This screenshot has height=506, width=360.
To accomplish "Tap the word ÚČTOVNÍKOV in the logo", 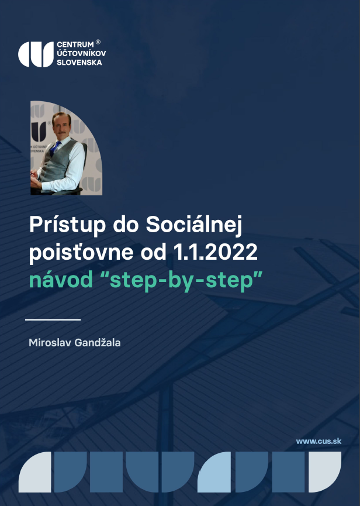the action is click(x=81, y=53).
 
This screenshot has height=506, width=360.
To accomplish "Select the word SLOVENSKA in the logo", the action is click(x=79, y=62).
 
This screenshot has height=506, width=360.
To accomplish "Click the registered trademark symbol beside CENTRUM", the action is click(x=98, y=42).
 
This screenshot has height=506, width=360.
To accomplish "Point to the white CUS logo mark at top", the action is click(x=36, y=54).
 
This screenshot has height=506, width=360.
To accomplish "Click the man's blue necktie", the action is click(x=55, y=149).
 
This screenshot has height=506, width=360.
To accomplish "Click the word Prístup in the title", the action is click(x=67, y=225).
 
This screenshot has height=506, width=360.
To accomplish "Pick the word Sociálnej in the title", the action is click(x=194, y=225).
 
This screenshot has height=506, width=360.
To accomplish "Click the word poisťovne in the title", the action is click(x=81, y=252).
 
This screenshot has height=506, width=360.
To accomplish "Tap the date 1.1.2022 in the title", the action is click(x=215, y=252).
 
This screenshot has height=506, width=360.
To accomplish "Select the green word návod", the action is click(x=61, y=280).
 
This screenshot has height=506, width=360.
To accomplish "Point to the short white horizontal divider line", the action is click(x=53, y=320).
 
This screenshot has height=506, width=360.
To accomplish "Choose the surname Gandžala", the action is click(x=98, y=342).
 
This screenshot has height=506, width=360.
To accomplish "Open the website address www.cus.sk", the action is click(x=319, y=441).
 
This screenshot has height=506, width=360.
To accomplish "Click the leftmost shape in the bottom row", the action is click(x=35, y=472).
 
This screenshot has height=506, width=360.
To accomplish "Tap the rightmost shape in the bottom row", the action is click(x=325, y=472).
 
